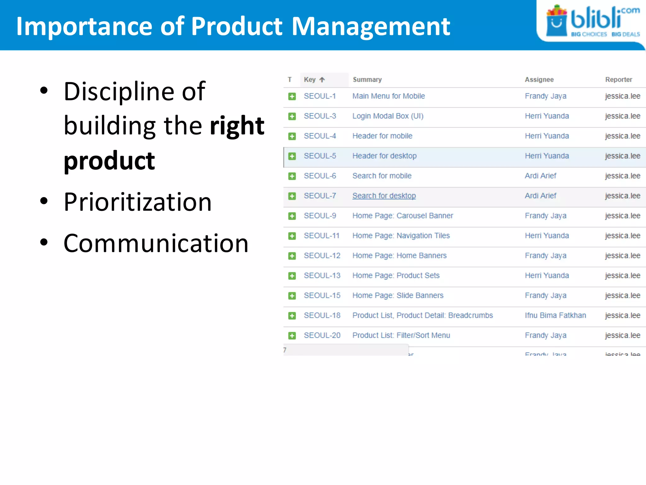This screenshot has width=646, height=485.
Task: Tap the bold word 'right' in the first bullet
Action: point(237,126)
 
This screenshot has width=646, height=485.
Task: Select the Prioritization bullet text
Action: point(138,202)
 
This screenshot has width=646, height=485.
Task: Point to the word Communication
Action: point(156,243)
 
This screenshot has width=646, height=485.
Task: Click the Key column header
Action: point(310,80)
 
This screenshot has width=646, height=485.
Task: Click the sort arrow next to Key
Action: point(322,80)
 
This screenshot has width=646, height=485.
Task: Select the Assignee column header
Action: point(539,80)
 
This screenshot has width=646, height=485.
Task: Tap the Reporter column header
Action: point(619,80)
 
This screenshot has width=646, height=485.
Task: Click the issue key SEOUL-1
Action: point(320,96)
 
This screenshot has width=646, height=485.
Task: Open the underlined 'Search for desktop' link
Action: point(384,196)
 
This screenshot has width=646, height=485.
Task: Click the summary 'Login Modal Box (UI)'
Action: point(388,116)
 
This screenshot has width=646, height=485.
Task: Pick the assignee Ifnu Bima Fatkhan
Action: point(555,315)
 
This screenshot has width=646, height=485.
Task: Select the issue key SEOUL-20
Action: point(322,335)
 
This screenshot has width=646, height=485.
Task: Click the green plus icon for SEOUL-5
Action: point(292,156)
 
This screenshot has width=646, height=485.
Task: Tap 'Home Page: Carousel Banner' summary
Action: point(402,216)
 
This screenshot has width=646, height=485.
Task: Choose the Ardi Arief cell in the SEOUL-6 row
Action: point(540,176)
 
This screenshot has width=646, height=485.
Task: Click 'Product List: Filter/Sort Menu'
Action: point(401,335)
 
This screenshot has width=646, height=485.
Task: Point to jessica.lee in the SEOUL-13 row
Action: point(622,276)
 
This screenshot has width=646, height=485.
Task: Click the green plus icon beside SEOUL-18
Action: point(292,316)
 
